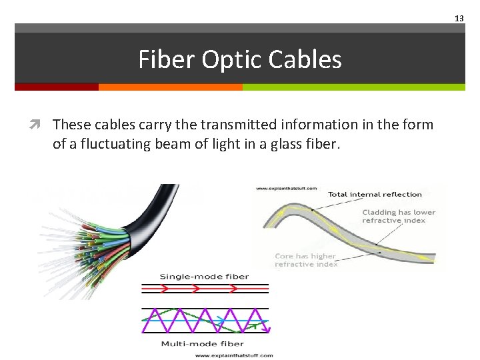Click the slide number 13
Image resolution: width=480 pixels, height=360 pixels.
459,19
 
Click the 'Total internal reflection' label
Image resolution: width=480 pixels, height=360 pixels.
375,195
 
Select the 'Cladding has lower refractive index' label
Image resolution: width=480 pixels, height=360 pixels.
398,216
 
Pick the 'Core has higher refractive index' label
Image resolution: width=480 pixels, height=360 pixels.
306,260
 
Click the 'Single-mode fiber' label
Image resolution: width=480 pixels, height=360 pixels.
204,277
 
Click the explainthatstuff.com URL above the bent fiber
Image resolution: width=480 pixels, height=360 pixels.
287,189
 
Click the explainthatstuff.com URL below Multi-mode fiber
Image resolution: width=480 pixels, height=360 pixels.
234,355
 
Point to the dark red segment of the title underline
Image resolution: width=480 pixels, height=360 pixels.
57,87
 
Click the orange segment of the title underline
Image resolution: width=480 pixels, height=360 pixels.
170,87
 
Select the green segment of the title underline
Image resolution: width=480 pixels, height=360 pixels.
353,87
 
